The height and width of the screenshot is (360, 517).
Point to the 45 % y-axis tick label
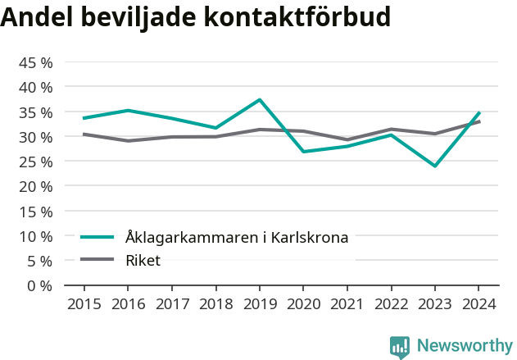pyautogui.click(x=36, y=62)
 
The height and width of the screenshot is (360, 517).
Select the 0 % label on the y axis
pyautogui.click(x=40, y=285)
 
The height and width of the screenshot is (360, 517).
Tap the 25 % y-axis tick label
pyautogui.click(x=36, y=162)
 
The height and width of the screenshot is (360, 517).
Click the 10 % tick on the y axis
pyautogui.click(x=36, y=236)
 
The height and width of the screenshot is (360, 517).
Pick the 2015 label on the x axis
pyautogui.click(x=84, y=304)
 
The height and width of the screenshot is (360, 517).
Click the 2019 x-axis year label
pyautogui.click(x=259, y=304)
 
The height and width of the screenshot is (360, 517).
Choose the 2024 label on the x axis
pyautogui.click(x=478, y=304)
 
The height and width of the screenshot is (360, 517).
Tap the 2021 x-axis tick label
pyautogui.click(x=347, y=304)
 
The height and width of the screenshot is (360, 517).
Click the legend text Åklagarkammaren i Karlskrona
pyautogui.click(x=237, y=238)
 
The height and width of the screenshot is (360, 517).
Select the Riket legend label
pyautogui.click(x=143, y=261)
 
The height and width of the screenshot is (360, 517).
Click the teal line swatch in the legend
pyautogui.click(x=97, y=238)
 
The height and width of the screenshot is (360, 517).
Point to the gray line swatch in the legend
pyautogui.click(x=97, y=261)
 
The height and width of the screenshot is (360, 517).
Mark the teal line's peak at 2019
pyautogui.click(x=260, y=100)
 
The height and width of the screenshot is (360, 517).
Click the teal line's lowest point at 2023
pyautogui.click(x=435, y=166)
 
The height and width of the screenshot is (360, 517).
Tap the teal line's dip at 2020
pyautogui.click(x=303, y=152)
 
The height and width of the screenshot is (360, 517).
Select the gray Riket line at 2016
pyautogui.click(x=128, y=141)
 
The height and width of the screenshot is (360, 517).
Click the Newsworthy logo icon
pyautogui.click(x=400, y=347)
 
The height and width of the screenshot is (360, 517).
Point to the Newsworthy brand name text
pyautogui.click(x=464, y=346)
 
